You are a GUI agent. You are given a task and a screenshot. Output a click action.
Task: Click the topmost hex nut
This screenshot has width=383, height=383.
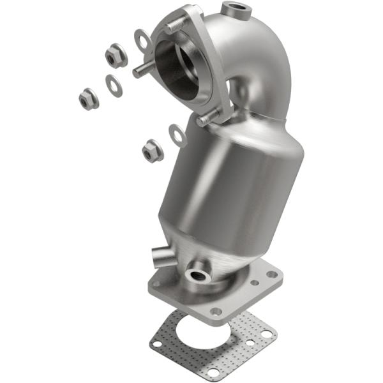pyautogui.click(x=116, y=57)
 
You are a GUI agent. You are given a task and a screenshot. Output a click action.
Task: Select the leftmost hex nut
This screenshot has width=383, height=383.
pyautogui.click(x=88, y=99)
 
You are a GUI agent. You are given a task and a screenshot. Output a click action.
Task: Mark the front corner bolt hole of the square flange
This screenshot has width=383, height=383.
pyautogui.click(x=216, y=311)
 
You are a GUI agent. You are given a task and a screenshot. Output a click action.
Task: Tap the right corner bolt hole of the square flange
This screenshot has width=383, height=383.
pyautogui.click(x=273, y=274)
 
